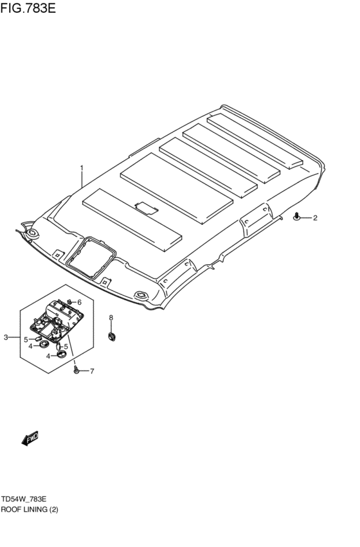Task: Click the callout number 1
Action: [x=82, y=168]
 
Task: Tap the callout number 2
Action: [x=315, y=218]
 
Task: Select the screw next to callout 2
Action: [x=297, y=217]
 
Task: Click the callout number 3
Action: [x=6, y=337]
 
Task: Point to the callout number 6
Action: [x=79, y=301]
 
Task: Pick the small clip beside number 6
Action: [x=70, y=301]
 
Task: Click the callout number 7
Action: [x=92, y=371]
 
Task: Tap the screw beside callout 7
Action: [x=76, y=370]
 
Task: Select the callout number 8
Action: [x=111, y=318]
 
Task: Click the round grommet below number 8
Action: [x=112, y=337]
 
